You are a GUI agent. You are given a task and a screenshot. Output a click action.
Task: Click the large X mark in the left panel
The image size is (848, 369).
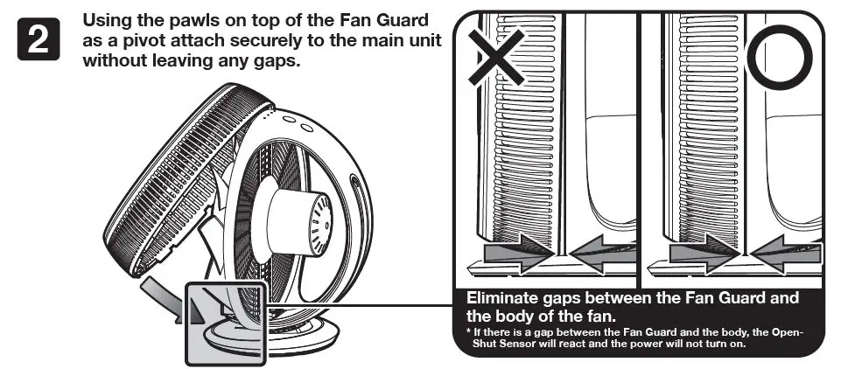[x=496, y=54]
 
